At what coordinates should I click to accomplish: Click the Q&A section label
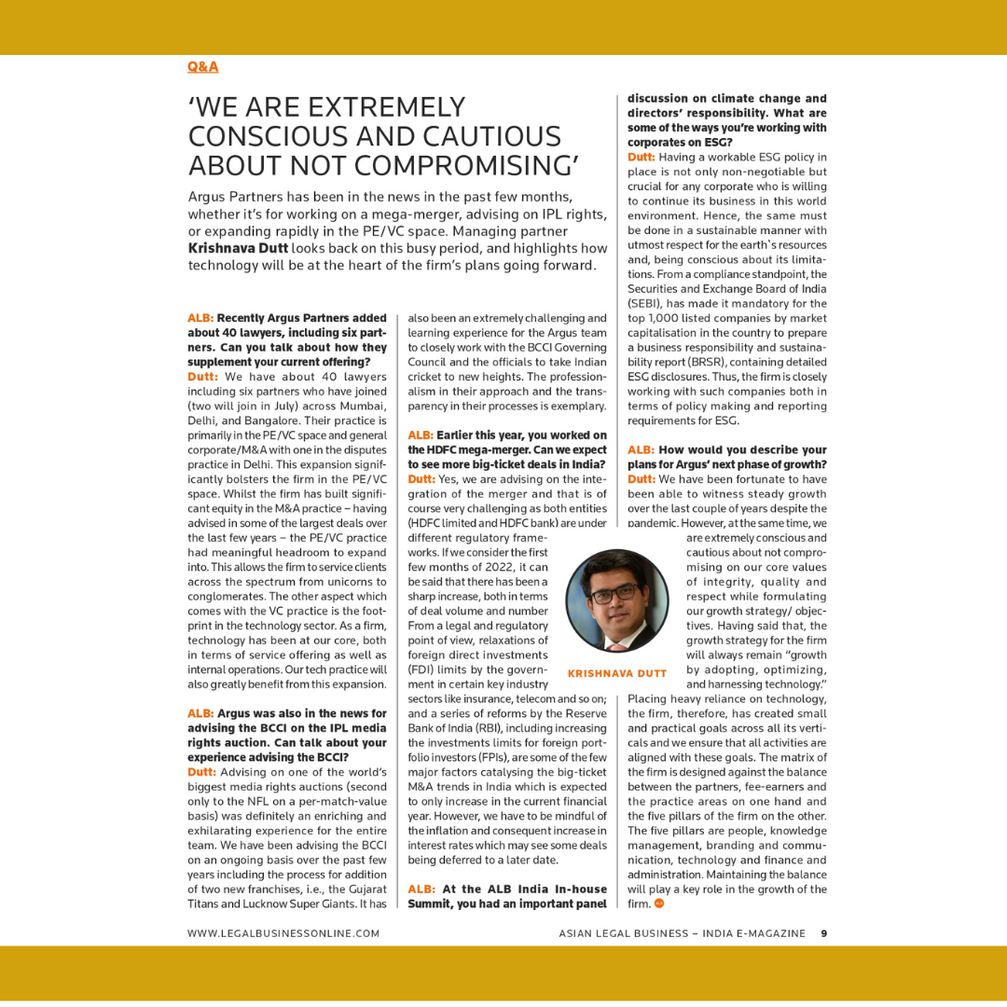click(202, 67)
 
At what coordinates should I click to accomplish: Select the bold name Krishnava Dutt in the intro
click(238, 248)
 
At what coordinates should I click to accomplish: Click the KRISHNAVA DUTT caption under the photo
click(617, 673)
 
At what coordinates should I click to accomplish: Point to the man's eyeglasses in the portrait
click(612, 591)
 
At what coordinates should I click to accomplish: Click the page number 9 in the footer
click(824, 932)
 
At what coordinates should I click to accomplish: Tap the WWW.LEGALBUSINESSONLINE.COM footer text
click(283, 932)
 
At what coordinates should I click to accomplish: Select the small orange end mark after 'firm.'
click(659, 904)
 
